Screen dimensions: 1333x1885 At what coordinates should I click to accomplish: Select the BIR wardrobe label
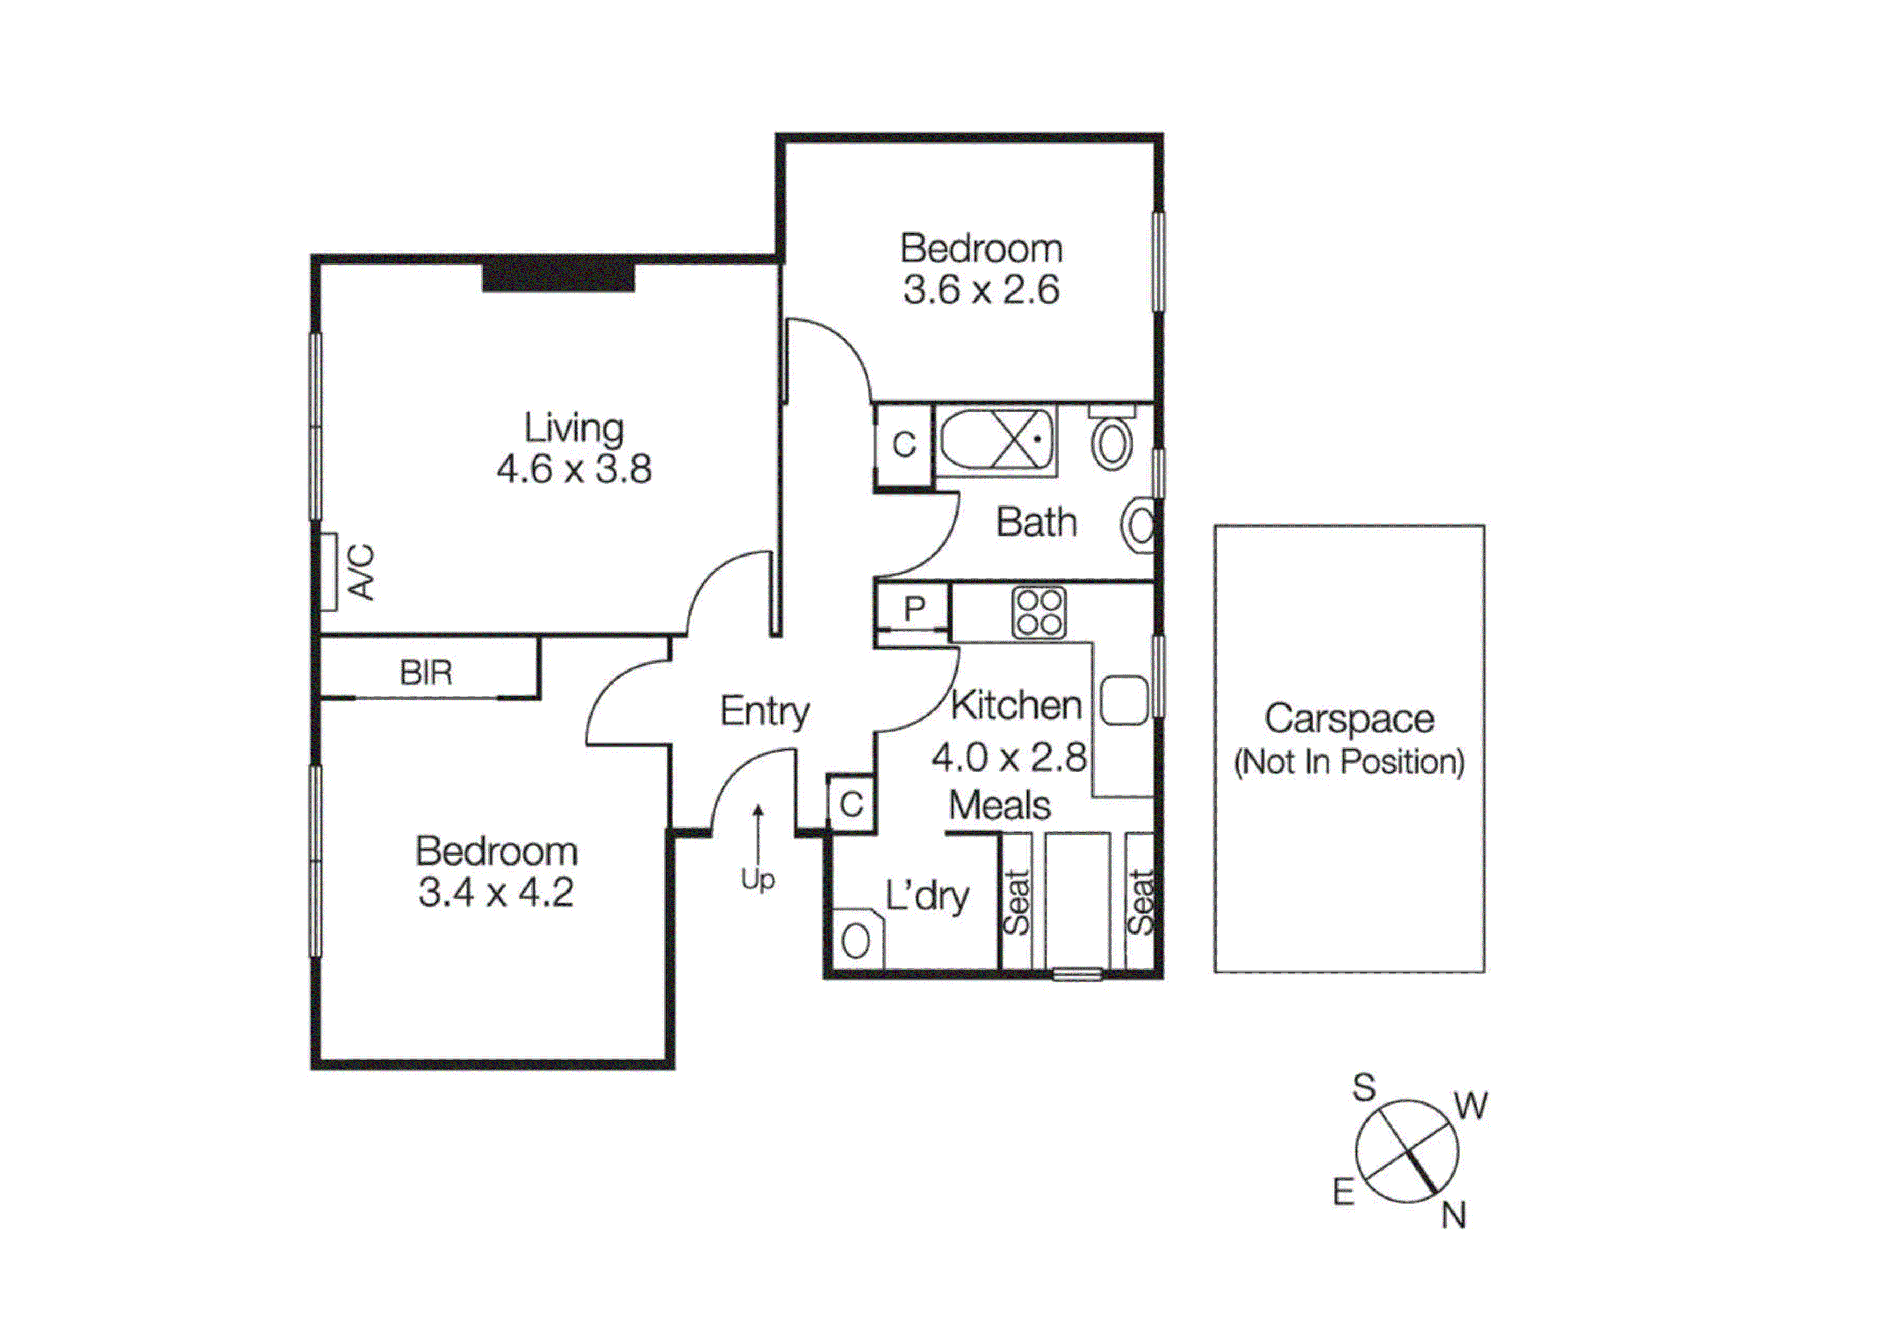click(x=426, y=673)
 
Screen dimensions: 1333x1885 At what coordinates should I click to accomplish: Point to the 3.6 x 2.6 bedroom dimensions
click(x=981, y=290)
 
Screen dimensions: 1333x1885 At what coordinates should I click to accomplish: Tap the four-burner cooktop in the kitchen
click(x=1039, y=612)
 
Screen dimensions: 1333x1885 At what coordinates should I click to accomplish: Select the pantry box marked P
click(x=914, y=609)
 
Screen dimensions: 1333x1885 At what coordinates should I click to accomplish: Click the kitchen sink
click(x=1123, y=700)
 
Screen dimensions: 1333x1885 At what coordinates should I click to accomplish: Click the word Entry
click(x=764, y=711)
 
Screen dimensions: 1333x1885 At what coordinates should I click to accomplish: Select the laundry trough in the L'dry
click(x=857, y=940)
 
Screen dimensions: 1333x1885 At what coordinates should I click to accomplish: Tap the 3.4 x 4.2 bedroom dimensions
click(x=496, y=893)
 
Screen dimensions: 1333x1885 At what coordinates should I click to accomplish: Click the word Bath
click(x=1036, y=522)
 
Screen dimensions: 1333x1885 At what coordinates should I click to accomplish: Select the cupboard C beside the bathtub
click(x=903, y=444)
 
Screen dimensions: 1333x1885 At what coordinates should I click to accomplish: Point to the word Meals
click(x=999, y=805)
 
